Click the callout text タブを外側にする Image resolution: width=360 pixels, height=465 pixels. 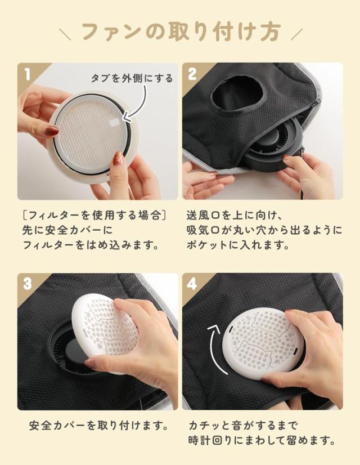click(132, 78)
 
